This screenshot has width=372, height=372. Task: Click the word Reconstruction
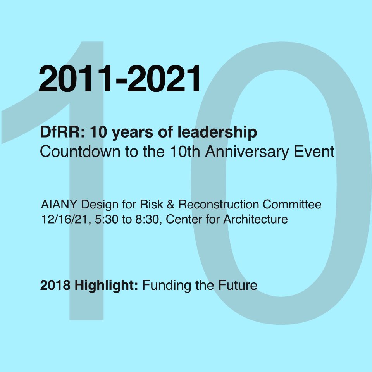218,204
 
